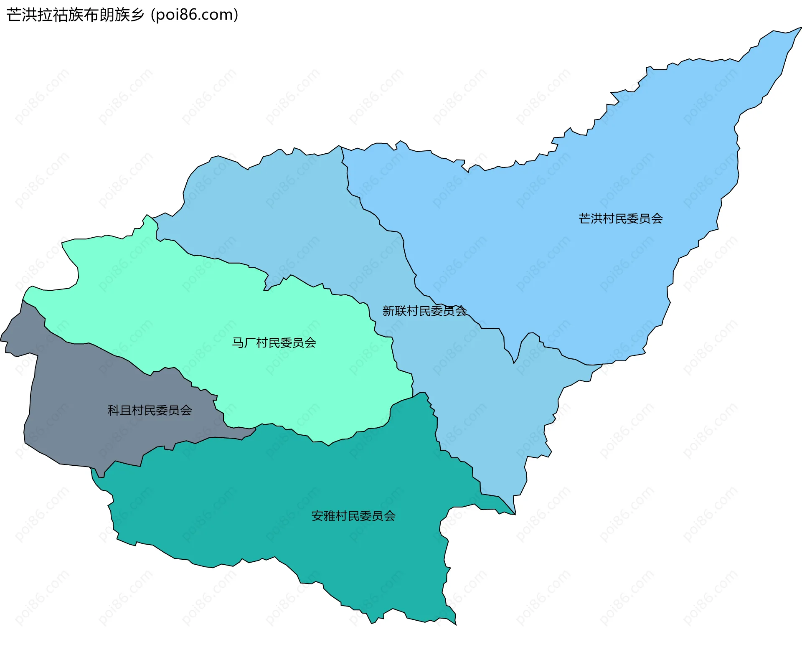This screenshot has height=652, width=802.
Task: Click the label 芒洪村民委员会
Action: tap(620, 218)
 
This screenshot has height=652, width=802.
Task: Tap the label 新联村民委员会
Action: tap(424, 311)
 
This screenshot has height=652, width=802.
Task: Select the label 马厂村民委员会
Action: tap(274, 343)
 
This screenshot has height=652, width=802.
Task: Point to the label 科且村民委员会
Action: tap(150, 410)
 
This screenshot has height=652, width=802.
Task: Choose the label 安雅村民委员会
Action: tap(353, 516)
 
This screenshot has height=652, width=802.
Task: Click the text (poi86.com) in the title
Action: tap(195, 15)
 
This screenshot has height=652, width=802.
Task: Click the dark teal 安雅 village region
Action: tap(292, 501)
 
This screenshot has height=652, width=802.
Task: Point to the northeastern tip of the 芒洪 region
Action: tap(800, 28)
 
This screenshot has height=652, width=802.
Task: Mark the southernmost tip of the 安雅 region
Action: tap(456, 625)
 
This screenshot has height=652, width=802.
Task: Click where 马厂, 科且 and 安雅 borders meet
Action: tap(256, 428)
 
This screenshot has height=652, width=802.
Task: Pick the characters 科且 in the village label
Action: tap(120, 410)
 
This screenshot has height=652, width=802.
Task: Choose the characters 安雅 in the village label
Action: tap(324, 516)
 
